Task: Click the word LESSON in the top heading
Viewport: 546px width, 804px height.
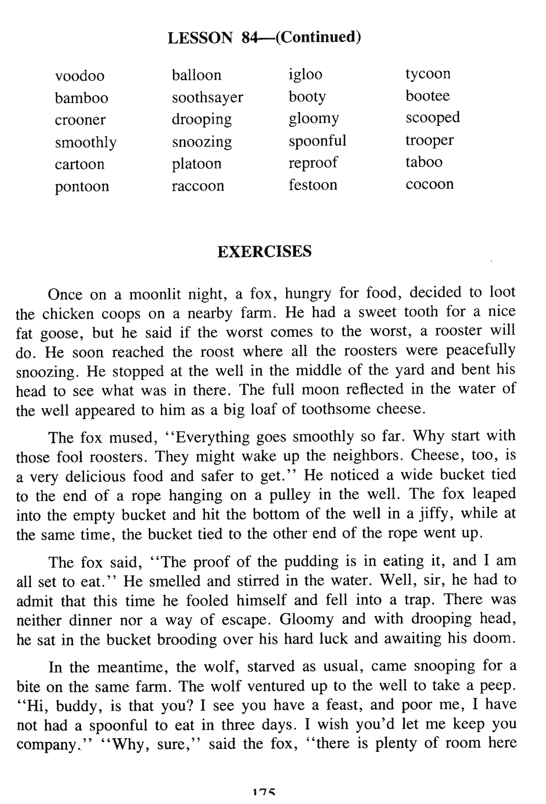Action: pos(200,38)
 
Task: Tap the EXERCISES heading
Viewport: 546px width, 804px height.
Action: pos(264,252)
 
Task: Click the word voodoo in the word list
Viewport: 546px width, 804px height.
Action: pos(79,76)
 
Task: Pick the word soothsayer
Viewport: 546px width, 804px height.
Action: pos(207,98)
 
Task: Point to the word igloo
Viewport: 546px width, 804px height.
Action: pos(305,75)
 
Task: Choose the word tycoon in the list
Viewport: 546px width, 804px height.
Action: pos(428,74)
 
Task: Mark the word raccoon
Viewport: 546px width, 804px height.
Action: pos(198,186)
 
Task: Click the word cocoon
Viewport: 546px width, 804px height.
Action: pos(430,184)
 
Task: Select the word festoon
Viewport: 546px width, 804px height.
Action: pos(313,185)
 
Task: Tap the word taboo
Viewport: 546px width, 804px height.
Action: pos(424,162)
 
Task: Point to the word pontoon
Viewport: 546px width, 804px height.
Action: pos(82,187)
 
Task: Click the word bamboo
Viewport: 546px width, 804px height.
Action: pos(81,98)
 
